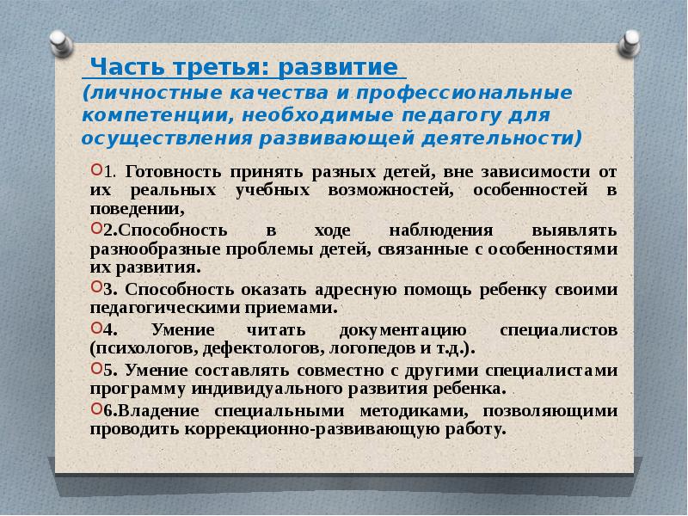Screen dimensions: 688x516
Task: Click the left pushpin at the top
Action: coord(60,43)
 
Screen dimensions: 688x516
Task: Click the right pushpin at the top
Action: coord(629,43)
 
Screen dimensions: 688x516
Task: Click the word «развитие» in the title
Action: coord(338,67)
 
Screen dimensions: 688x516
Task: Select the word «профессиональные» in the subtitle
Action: coord(464,94)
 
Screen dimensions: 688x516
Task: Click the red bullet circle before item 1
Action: coord(96,169)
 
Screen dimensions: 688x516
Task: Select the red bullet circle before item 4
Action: coord(96,327)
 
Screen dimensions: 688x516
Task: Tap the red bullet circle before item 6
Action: coord(96,408)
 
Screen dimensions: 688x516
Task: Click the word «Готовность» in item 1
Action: coord(173,171)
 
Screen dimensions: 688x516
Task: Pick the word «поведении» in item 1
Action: coord(137,209)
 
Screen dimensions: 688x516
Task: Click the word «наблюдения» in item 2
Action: coord(441,230)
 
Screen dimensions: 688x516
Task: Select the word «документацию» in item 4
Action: coord(402,330)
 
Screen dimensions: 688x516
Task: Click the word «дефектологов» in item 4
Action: coord(262,349)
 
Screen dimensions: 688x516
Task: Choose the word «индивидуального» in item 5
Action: coord(267,390)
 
